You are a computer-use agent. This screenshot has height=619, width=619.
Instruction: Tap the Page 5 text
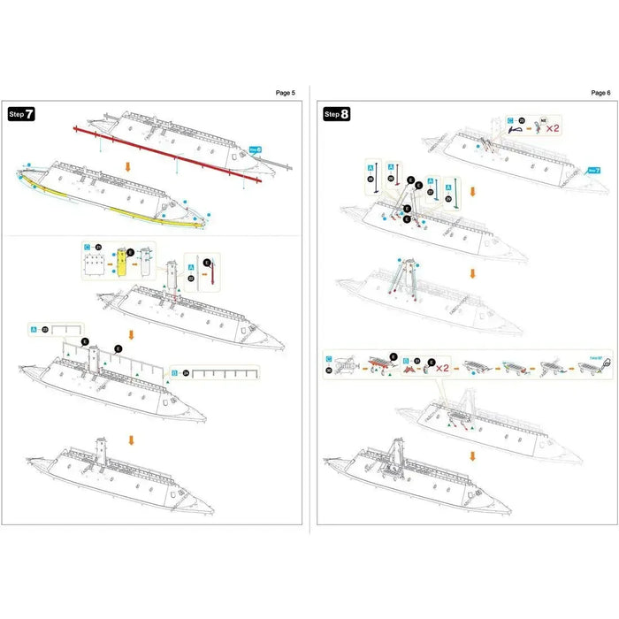tap(285, 92)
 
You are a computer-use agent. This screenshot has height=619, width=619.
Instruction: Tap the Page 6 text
tap(600, 92)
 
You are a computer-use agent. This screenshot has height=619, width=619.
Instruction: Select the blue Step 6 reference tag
tap(256, 149)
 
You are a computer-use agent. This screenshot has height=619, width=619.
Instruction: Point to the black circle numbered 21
tap(99, 250)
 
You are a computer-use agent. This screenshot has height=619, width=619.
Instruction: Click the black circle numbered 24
tap(187, 372)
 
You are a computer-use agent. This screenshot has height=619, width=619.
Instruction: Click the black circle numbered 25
tap(522, 119)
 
